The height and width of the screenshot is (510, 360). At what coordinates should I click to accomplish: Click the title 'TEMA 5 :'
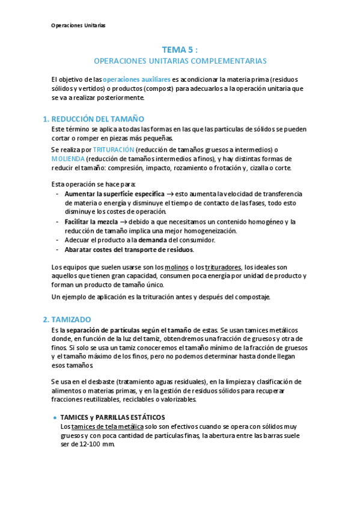180,50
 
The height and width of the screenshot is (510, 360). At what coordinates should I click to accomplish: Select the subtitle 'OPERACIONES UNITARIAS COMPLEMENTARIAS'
180,61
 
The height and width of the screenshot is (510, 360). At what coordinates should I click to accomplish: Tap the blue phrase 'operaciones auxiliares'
136,79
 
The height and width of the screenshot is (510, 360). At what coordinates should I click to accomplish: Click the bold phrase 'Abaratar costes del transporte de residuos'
129,249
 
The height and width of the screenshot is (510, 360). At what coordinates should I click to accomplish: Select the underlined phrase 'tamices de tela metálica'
108,426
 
